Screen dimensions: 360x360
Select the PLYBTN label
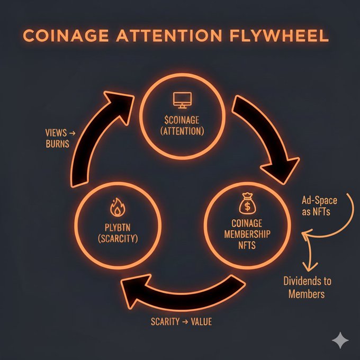117,228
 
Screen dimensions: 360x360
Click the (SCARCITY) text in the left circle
117,239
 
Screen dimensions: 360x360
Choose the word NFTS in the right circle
248,246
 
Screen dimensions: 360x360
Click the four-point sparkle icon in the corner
339,340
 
